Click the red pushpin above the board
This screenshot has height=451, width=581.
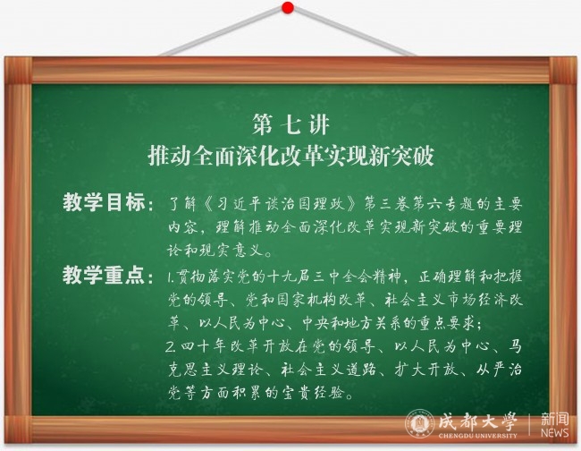pyautogui.click(x=288, y=7)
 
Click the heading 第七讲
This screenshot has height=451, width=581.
pyautogui.click(x=290, y=124)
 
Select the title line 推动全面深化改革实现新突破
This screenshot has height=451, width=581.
pyautogui.click(x=290, y=156)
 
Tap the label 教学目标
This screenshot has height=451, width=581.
pyautogui.click(x=104, y=203)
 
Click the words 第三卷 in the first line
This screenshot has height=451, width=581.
pyautogui.click(x=387, y=204)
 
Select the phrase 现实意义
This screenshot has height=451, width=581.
pyautogui.click(x=232, y=251)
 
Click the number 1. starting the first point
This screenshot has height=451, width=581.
pyautogui.click(x=172, y=277)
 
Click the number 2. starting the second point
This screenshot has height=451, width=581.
pyautogui.click(x=171, y=347)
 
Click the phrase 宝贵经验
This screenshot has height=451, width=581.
pyautogui.click(x=313, y=393)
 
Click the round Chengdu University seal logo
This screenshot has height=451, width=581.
pyautogui.click(x=420, y=423)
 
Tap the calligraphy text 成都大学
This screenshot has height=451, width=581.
pyautogui.click(x=477, y=421)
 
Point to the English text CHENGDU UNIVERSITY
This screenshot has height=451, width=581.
pyautogui.click(x=477, y=436)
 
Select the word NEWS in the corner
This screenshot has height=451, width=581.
pyautogui.click(x=554, y=433)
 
